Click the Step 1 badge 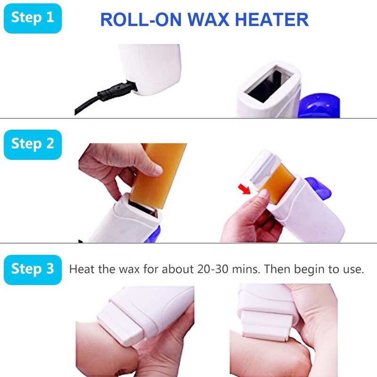point(33,18)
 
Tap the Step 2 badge point(33,144)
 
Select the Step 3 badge point(33,270)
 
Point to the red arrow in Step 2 point(244,189)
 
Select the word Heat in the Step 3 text point(82,270)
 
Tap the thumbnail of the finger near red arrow point(262,194)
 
